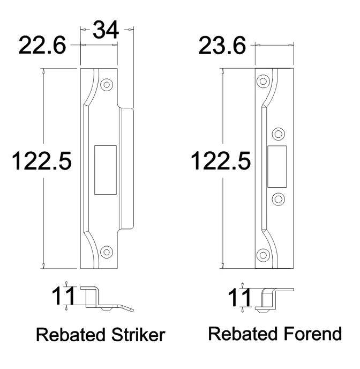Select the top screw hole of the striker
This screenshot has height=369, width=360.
[x=107, y=84]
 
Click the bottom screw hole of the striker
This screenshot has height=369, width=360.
[x=107, y=251]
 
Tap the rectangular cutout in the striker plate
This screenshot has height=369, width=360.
[x=105, y=169]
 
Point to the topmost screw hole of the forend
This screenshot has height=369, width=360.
[x=262, y=82]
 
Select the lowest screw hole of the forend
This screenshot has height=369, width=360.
[x=262, y=254]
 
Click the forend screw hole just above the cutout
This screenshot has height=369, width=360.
[x=278, y=134]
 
